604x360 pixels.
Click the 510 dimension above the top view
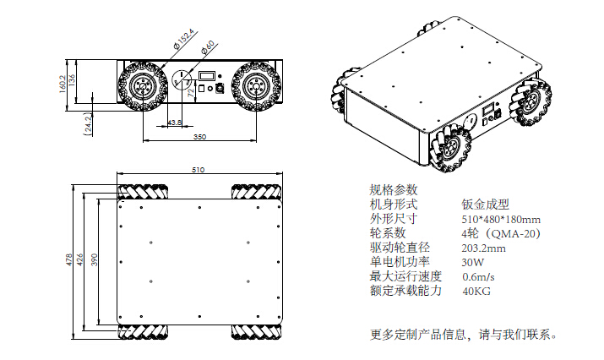[198, 171]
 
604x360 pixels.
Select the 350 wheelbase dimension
[199, 136]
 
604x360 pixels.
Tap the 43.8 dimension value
[174, 123]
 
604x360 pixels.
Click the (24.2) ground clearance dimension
[88, 124]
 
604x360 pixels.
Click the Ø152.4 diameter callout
[183, 40]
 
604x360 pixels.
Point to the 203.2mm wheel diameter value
[484, 248]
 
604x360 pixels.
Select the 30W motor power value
[472, 262]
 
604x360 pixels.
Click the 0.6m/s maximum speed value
[478, 276]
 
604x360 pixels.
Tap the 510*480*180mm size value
[501, 219]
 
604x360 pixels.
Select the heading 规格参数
[393, 189]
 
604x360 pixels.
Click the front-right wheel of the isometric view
[458, 148]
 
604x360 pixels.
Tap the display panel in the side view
[207, 77]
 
